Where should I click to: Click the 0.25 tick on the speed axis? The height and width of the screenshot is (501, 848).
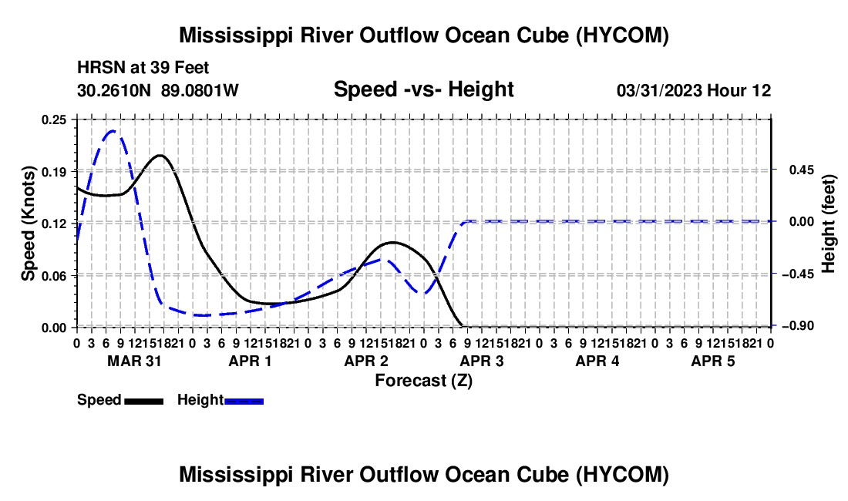click(53, 119)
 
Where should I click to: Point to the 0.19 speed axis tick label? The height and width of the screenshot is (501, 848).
click(53, 172)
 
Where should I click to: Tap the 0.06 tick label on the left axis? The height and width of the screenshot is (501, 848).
click(53, 276)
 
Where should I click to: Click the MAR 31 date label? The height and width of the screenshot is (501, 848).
click(134, 361)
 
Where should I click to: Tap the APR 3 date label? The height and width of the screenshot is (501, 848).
click(481, 361)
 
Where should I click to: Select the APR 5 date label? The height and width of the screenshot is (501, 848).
click(713, 361)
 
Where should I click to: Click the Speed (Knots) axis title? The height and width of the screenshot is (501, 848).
click(28, 224)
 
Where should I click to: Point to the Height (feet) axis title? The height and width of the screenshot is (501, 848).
click(829, 224)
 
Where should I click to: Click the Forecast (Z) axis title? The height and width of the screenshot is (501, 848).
click(423, 381)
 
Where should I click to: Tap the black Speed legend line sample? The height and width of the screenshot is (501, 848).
click(144, 401)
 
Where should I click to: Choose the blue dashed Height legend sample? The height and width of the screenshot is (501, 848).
click(244, 401)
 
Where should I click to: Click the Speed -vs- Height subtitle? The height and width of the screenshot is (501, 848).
click(423, 89)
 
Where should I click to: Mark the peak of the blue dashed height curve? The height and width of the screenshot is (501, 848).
click(113, 131)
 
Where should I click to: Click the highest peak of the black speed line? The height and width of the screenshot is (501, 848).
click(160, 156)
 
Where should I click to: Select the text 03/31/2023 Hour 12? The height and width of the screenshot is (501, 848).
click(694, 90)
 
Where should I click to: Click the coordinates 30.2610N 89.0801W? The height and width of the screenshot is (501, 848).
click(158, 90)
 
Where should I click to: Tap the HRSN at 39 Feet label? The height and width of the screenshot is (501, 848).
click(143, 68)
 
